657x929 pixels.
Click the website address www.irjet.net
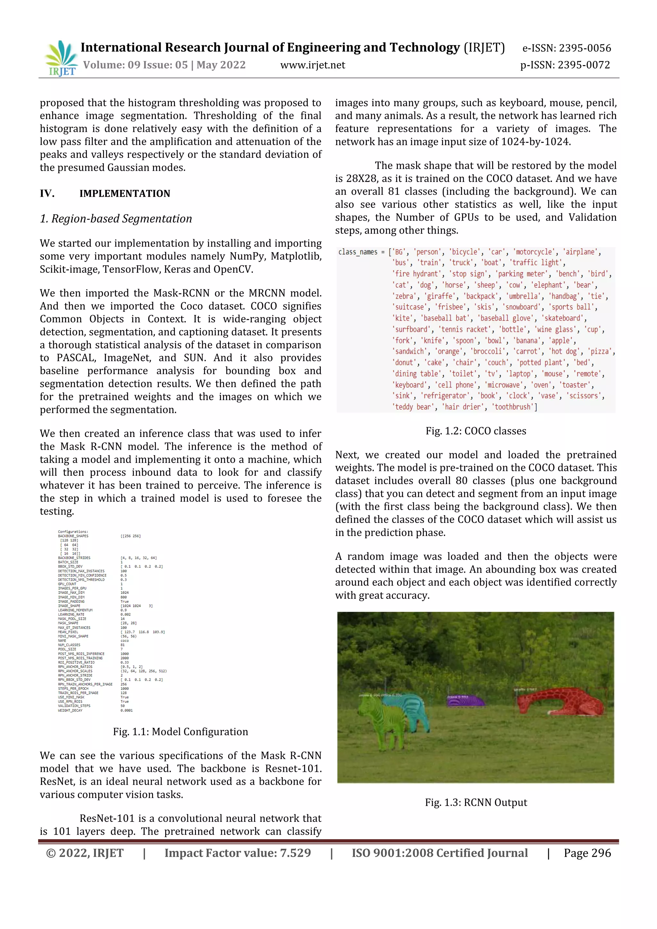[313, 65]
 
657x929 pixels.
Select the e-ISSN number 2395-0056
[584, 48]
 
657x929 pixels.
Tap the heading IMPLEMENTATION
[124, 193]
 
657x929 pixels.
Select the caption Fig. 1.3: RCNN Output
[476, 802]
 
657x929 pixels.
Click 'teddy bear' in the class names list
[414, 407]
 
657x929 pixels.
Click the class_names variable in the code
[358, 252]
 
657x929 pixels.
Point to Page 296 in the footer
[587, 853]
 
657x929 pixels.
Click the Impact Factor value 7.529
[294, 853]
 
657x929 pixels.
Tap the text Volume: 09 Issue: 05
[135, 65]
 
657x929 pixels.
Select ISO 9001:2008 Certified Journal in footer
[440, 853]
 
